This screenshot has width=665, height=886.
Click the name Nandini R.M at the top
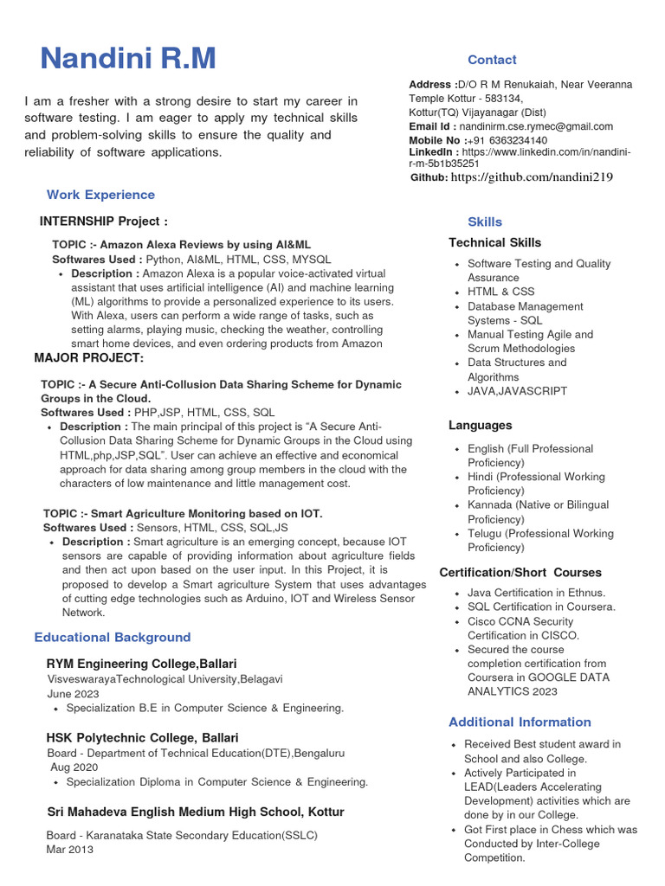pos(128,59)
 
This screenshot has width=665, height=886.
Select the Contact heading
pos(492,60)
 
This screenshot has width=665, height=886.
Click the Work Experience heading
pos(100,195)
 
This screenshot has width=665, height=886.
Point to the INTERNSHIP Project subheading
pos(104,221)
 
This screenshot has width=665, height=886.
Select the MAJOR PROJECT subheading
pos(89,358)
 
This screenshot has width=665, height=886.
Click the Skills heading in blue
pos(485,221)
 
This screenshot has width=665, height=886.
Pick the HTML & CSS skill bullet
pos(501,292)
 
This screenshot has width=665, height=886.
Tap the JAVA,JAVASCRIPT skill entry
pos(518,391)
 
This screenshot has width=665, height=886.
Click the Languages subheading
pos(481,425)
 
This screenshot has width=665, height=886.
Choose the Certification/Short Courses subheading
pos(520,573)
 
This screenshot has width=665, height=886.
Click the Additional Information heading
pos(520,722)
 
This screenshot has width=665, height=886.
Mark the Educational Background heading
pos(113,637)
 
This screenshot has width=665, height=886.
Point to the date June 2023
pos(74,694)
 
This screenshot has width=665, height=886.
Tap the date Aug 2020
pos(74,767)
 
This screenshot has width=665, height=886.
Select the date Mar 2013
pos(69,849)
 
